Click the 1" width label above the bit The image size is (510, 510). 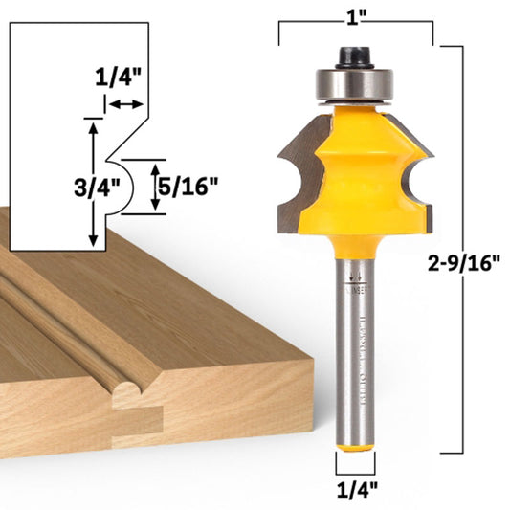357,17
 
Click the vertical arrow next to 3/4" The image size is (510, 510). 93,182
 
